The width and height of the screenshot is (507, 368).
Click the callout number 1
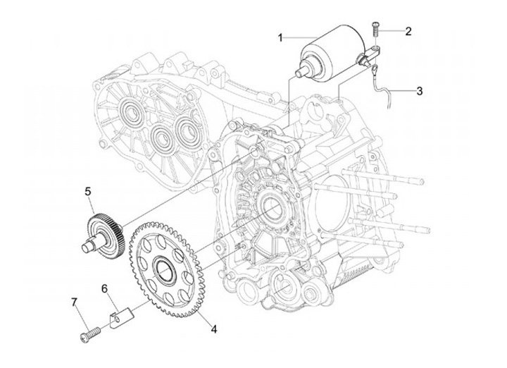(x=280, y=37)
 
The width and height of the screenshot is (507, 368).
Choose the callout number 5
(x=89, y=191)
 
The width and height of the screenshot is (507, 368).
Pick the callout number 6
(x=104, y=288)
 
